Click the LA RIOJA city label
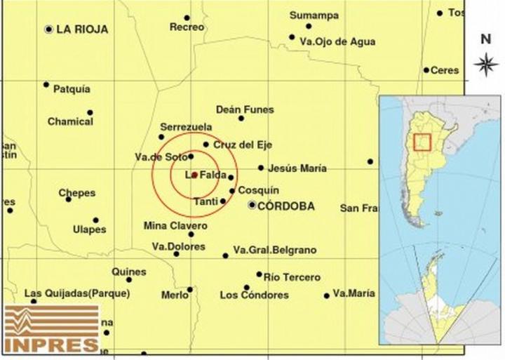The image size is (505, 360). coord(82,29)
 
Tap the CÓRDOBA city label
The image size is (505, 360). coord(285,206)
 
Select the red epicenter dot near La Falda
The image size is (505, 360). coord(194,175)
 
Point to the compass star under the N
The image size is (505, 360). coord(485,65)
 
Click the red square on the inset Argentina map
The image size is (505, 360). coord(422,142)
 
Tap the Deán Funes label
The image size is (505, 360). coord(245,109)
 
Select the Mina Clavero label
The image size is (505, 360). coord(175,226)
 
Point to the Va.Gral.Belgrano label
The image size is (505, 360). coord(275,250)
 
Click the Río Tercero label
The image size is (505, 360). coord(292,277)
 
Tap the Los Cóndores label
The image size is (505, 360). coord(254,295)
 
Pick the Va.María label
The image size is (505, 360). coord(354,293)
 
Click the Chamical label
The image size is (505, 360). coord(70,121)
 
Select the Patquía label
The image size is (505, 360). coord(71,89)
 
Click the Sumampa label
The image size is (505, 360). coord(314,15)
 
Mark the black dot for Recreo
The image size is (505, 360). coord(187,18)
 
